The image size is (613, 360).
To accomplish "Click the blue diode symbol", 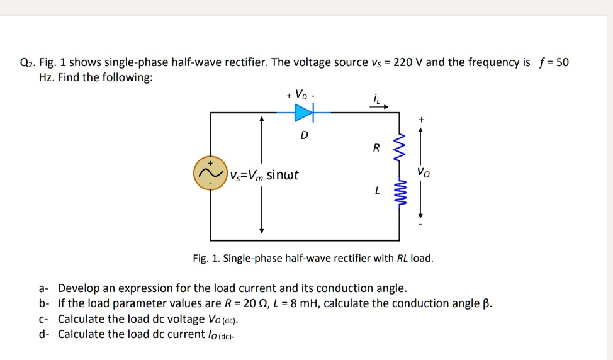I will click(304, 113).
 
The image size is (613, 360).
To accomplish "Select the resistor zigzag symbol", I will click(398, 149).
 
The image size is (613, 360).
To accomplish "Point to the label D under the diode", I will click(304, 135).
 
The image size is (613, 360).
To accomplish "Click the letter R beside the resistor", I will click(376, 149).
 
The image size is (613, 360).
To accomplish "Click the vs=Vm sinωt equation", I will click(264, 174).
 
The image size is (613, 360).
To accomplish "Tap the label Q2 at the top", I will click(28, 62).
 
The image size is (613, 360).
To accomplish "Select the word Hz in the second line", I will click(46, 77).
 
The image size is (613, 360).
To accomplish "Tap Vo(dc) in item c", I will click(223, 319).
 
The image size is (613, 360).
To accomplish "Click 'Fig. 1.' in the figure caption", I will click(206, 259).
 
